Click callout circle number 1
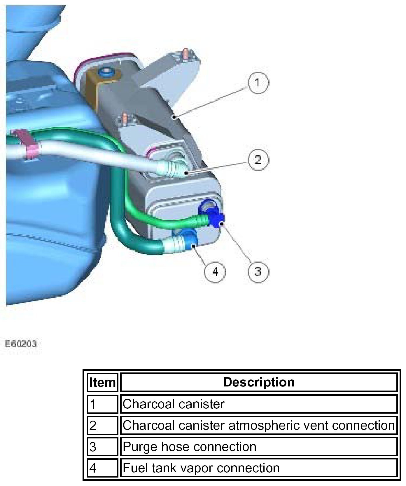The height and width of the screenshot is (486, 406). click(x=258, y=83)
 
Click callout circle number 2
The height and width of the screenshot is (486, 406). click(x=258, y=160)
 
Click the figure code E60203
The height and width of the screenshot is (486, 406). click(x=21, y=344)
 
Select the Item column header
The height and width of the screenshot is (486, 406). click(x=102, y=382)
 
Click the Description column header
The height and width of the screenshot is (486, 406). click(x=259, y=382)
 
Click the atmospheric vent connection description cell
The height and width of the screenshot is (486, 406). click(x=259, y=425)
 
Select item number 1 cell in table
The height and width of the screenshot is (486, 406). click(x=102, y=404)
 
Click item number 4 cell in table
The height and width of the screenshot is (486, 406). click(x=102, y=468)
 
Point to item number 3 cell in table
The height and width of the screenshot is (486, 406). click(x=102, y=447)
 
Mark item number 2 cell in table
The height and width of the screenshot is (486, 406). click(x=102, y=425)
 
